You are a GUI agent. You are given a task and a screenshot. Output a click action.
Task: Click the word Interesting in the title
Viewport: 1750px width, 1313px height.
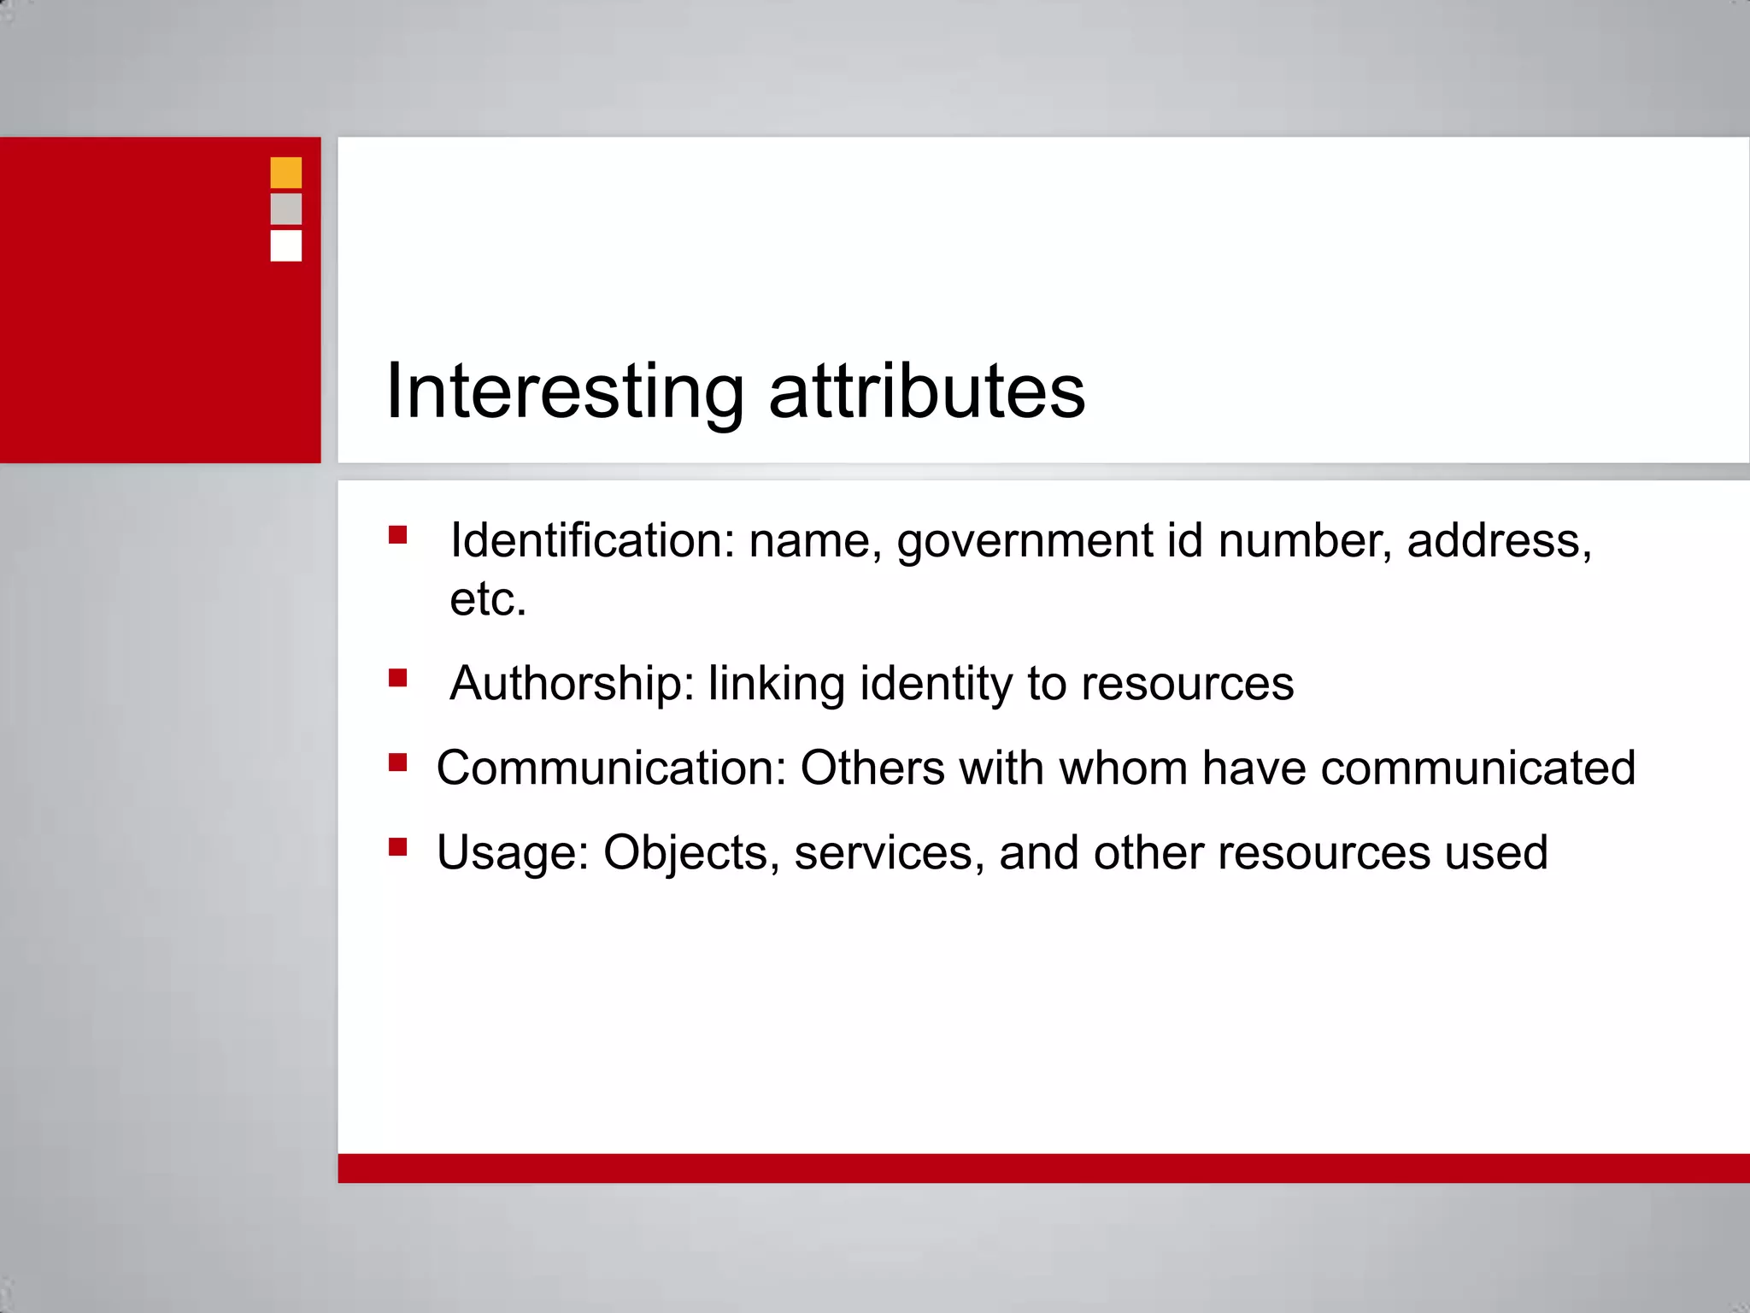564,392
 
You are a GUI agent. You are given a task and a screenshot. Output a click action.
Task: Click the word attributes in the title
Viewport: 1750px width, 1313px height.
927,392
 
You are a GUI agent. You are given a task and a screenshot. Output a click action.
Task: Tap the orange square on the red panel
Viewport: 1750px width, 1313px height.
285,173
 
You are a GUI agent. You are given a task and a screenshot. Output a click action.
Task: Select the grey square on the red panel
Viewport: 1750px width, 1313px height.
285,209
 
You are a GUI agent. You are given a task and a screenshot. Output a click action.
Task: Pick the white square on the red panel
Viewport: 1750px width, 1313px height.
285,245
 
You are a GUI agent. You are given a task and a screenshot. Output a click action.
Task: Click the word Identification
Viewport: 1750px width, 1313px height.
592,541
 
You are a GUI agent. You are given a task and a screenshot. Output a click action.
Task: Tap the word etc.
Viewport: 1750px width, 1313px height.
488,599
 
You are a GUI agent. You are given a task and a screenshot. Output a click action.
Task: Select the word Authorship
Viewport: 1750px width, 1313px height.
572,684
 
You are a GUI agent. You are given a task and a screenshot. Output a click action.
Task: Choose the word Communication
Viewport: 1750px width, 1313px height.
611,768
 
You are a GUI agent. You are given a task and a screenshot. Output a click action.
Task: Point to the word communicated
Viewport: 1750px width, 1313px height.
1477,768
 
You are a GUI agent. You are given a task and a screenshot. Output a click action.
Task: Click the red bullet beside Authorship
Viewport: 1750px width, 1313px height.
397,679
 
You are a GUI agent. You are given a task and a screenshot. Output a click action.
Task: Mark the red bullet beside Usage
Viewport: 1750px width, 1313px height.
397,847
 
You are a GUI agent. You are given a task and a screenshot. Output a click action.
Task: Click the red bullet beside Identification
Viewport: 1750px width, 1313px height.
397,535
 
